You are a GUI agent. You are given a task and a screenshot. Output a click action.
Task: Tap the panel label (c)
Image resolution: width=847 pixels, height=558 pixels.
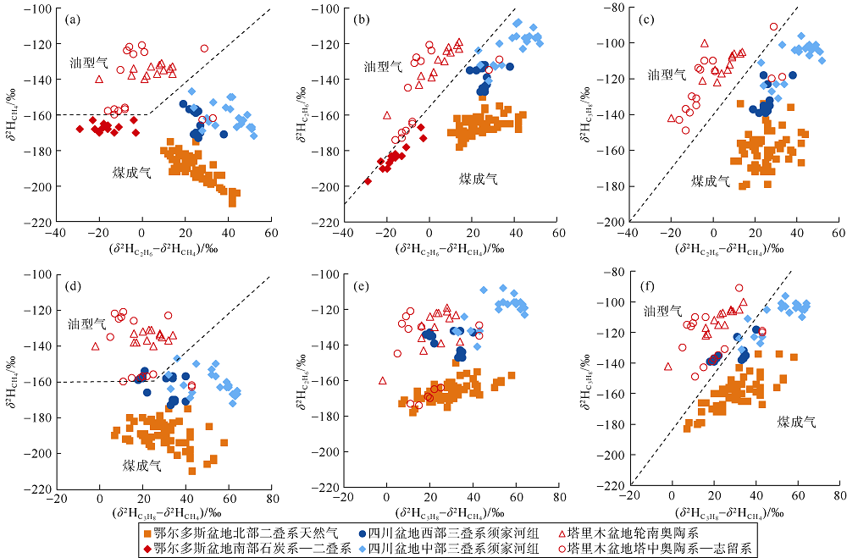pos(646,17)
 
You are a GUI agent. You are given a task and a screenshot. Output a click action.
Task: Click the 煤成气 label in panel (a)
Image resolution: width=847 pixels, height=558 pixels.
pos(132,172)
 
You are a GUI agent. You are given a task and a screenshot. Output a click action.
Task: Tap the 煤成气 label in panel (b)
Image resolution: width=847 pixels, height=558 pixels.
pos(479,179)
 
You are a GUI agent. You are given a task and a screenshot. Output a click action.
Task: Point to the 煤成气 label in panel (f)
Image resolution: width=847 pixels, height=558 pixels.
pos(796,421)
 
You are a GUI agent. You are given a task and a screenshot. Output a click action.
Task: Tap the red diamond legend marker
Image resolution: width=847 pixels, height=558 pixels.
pos(147,548)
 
